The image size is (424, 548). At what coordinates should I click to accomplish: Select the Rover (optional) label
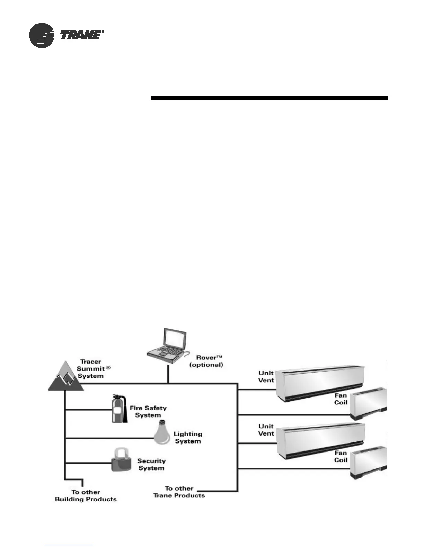(x=206, y=361)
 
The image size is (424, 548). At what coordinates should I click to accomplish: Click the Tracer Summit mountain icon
(x=66, y=377)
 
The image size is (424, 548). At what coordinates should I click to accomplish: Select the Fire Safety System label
(x=148, y=412)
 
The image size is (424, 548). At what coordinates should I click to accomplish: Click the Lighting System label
(x=188, y=438)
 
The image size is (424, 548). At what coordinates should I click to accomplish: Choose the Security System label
(x=151, y=465)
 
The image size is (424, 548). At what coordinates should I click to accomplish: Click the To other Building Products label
(x=86, y=495)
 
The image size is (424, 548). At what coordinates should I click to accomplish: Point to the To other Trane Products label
(x=179, y=492)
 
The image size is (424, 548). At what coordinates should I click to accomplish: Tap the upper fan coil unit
(x=368, y=404)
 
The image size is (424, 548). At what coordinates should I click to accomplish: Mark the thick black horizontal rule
(x=269, y=98)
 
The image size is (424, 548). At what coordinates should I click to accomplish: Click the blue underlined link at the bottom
(x=69, y=545)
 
